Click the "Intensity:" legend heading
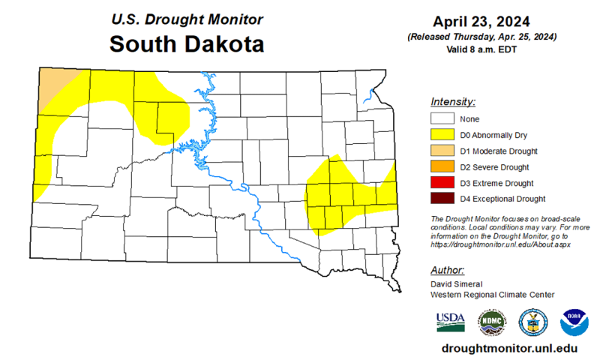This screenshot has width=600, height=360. (x=454, y=101)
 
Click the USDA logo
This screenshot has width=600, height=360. (x=450, y=321)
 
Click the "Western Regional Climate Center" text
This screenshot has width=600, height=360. (x=492, y=295)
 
